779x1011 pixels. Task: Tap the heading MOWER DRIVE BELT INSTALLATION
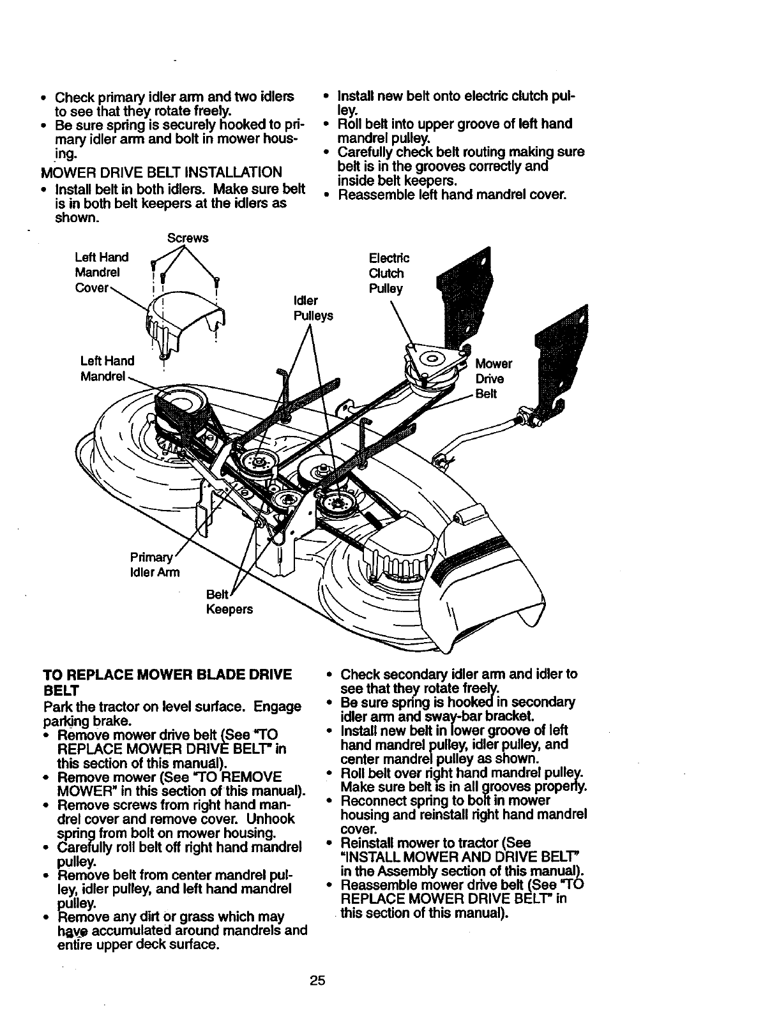coord(160,173)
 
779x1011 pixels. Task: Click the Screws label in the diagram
coord(187,238)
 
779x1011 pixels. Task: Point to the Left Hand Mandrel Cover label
coord(102,273)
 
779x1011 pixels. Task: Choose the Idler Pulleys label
coord(313,308)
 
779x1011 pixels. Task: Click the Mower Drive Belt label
coord(494,378)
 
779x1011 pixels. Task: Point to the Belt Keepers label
coord(229,602)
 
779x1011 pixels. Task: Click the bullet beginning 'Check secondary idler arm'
coord(458,681)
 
